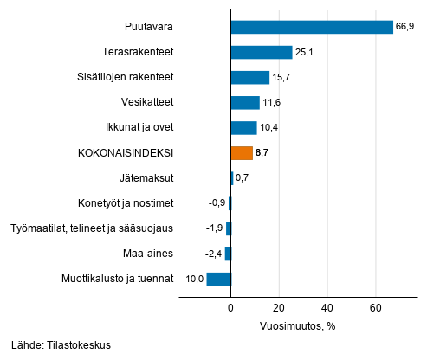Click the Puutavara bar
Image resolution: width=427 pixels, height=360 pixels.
click(x=312, y=27)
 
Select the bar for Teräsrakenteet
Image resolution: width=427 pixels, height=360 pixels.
click(x=262, y=52)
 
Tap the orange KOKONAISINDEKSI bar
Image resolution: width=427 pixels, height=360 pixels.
click(x=242, y=153)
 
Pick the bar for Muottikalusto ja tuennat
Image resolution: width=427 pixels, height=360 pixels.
click(x=219, y=279)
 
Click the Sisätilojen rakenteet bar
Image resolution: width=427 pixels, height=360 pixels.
click(x=250, y=78)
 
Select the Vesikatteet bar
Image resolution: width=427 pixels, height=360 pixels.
click(x=245, y=103)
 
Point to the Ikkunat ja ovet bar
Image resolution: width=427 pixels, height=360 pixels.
click(x=243, y=128)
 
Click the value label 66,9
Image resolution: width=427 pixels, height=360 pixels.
click(x=406, y=28)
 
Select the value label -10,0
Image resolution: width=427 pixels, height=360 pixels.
click(x=192, y=279)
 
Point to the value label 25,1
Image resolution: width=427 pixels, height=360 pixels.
click(x=305, y=53)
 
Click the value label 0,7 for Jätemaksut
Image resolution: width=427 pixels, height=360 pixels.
click(x=243, y=178)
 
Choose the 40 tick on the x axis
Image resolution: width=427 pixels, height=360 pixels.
click(x=327, y=308)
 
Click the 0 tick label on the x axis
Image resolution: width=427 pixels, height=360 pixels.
click(x=231, y=308)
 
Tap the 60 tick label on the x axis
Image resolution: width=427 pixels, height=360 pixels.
click(x=376, y=308)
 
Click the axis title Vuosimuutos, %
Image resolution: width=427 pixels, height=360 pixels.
click(x=297, y=325)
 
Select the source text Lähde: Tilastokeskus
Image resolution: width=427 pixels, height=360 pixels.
click(x=61, y=344)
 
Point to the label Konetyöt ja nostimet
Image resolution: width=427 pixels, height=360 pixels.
click(x=126, y=203)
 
